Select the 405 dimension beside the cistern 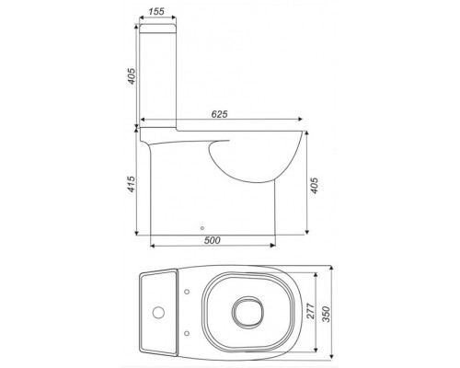132,76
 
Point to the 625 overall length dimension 218,114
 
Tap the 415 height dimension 132,189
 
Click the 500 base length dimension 213,240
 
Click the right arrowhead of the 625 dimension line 301,121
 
